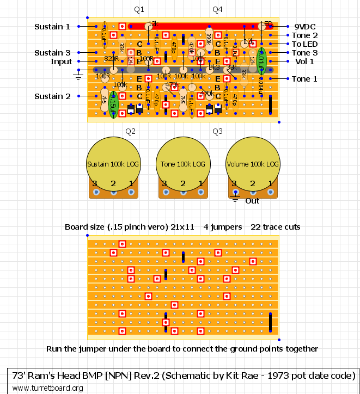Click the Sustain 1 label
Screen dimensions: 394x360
pos(52,27)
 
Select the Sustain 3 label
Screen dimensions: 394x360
pos(52,53)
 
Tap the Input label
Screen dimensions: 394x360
pos(61,61)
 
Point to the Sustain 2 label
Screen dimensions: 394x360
pos(52,96)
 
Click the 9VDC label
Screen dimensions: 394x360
pos(305,27)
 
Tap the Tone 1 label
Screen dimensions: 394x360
pos(304,79)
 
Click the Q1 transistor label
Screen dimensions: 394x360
pos(139,10)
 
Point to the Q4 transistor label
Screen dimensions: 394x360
pos(217,10)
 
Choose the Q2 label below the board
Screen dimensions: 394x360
pos(130,132)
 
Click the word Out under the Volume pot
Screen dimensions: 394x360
pos(252,201)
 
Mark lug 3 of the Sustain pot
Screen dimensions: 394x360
pos(96,192)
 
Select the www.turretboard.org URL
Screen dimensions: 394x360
pos(47,388)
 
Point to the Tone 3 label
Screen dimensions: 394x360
pos(304,53)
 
